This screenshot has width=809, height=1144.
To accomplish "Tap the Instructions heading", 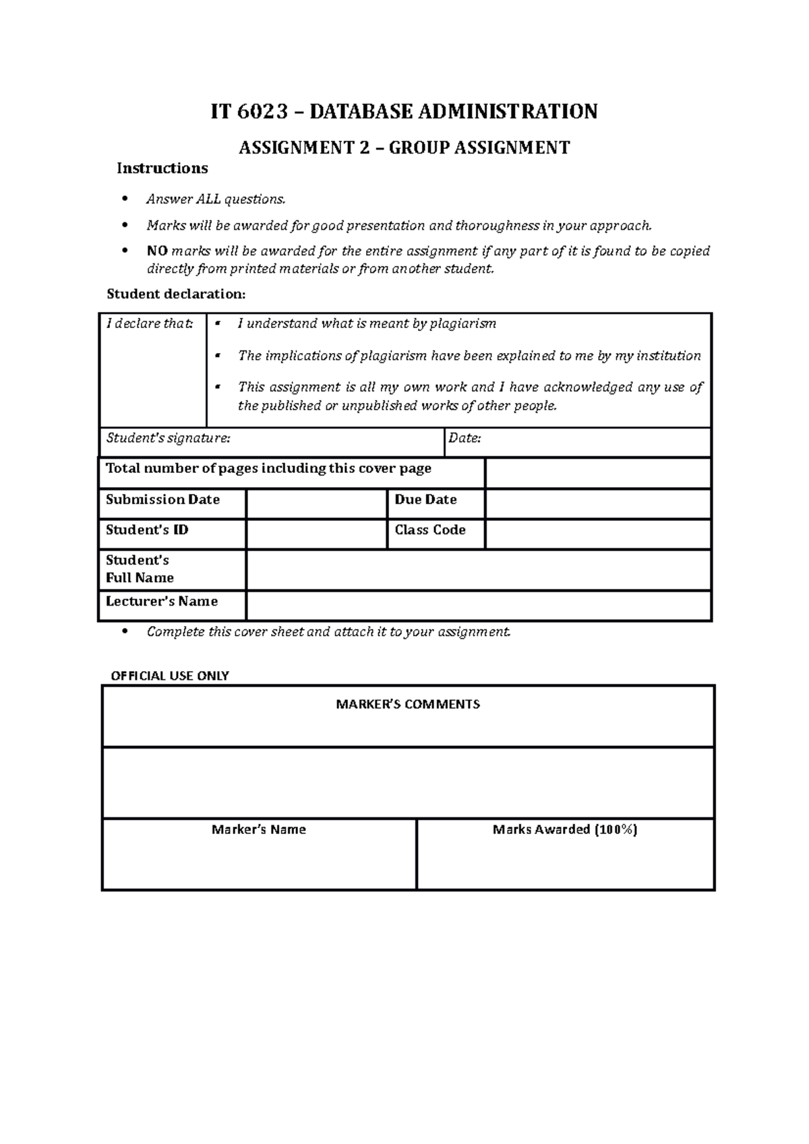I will coord(162,168).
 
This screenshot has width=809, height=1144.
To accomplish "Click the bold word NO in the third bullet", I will coord(157,251).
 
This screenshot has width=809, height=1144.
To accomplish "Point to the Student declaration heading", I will coord(177,294).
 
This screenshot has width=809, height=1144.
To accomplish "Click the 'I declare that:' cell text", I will coord(150,324).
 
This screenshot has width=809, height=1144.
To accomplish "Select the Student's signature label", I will coord(168,439).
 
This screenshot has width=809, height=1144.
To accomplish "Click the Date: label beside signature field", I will coord(465,439).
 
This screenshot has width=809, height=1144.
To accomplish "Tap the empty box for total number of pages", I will coord(598,473).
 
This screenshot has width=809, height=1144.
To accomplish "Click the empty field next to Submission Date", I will coord(316,504).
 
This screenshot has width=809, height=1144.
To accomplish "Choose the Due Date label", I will coord(425,500).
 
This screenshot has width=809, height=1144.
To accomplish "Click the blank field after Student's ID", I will coord(316,534).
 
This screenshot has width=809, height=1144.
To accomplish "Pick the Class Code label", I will coord(430,530).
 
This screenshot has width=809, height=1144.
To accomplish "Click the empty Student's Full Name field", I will coord(479,570).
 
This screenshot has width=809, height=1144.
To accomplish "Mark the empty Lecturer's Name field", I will coord(479,606).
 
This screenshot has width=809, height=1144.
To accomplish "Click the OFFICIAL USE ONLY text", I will coord(170,676).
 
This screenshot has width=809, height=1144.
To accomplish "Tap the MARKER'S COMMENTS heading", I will coord(408,705).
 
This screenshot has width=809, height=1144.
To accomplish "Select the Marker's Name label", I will coord(259,830).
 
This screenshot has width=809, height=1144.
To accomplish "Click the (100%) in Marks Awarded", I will coord(616,830).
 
